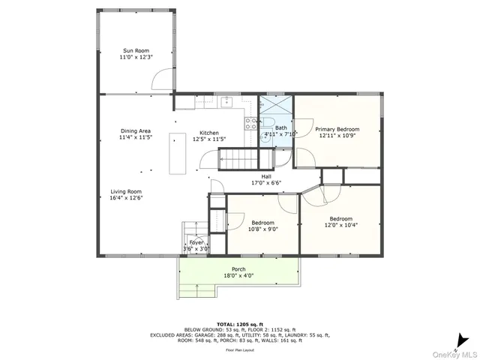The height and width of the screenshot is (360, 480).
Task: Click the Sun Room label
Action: coord(136,50)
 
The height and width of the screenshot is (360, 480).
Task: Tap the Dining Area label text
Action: coord(135,131)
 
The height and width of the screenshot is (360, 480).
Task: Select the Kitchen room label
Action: coord(208,132)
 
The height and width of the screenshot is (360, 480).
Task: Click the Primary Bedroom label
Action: coord(337,129)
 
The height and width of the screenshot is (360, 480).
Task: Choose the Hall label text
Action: coord(265,177)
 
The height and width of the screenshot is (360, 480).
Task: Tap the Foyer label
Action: coord(196,243)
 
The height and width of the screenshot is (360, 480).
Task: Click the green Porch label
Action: coord(238,269)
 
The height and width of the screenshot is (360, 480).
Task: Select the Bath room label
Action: coord(280,128)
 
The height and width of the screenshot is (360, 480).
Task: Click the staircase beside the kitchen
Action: coord(234,160)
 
